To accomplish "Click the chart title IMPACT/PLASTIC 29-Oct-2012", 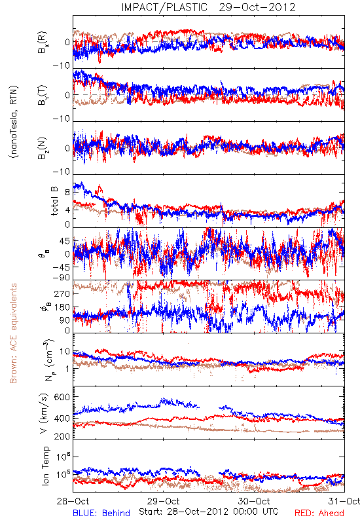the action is coord(208,7).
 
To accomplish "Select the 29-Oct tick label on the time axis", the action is coord(164,501).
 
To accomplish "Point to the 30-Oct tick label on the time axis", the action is coord(254,501).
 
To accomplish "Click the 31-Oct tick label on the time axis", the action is coord(344,501).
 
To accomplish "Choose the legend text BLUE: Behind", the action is coord(101,513).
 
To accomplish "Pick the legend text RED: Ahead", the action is coord(319,513).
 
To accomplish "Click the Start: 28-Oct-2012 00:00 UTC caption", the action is coord(209,512).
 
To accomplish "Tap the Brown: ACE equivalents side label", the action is coord(13,333).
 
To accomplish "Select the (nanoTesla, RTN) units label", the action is coord(14,122).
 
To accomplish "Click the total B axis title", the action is coord(54,201).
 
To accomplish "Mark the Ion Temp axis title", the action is coord(45,466).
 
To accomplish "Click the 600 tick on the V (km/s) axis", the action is coord(62,398).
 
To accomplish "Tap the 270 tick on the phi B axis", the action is coord(62,294).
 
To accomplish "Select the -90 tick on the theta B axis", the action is coord(62,278).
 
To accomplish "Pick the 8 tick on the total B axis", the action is coord(67,193).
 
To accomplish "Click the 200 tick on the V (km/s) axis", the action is coord(62,436).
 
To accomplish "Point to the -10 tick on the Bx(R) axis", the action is coord(62,65).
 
